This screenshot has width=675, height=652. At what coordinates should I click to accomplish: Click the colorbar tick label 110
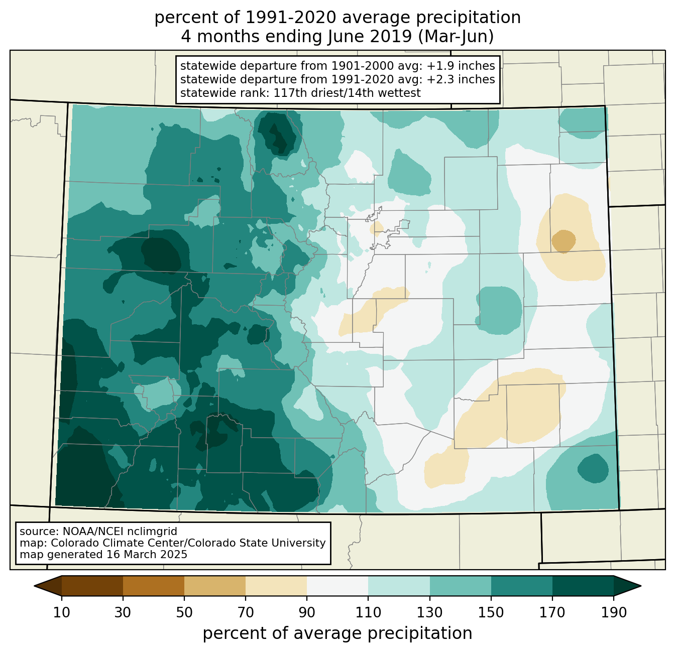tap(368, 612)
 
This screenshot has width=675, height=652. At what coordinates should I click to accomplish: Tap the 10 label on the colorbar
tap(61, 612)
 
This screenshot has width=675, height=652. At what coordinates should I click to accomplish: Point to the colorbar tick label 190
tap(614, 612)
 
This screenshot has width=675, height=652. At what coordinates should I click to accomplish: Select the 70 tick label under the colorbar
tap(246, 612)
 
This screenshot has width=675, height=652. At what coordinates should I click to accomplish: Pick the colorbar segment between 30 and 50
tap(153, 586)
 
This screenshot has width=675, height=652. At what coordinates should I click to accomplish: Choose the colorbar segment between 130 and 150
tap(460, 586)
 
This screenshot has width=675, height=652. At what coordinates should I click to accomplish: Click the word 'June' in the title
tap(344, 37)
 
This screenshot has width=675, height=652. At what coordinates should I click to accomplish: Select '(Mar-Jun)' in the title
tap(456, 37)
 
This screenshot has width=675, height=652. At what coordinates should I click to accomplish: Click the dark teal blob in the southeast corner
tap(593, 468)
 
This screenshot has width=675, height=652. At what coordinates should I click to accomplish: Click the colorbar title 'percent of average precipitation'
tap(337, 633)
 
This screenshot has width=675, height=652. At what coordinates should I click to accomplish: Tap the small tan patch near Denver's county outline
tap(377, 228)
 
